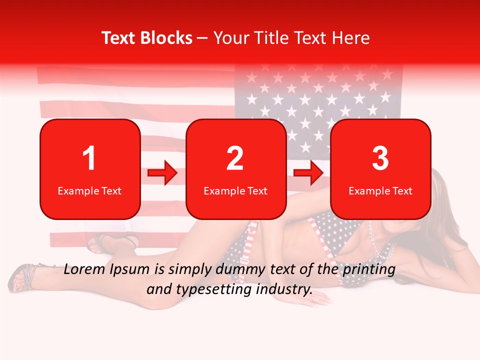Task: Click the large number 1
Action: (89, 158)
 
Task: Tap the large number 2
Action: (235, 158)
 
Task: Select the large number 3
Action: (380, 158)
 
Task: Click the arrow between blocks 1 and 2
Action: (162, 173)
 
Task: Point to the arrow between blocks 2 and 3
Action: (308, 173)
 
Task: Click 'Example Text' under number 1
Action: (89, 190)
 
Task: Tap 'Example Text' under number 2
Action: (235, 190)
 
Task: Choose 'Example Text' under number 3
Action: (380, 190)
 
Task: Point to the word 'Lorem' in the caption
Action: (82, 269)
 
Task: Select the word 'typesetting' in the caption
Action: (212, 289)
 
